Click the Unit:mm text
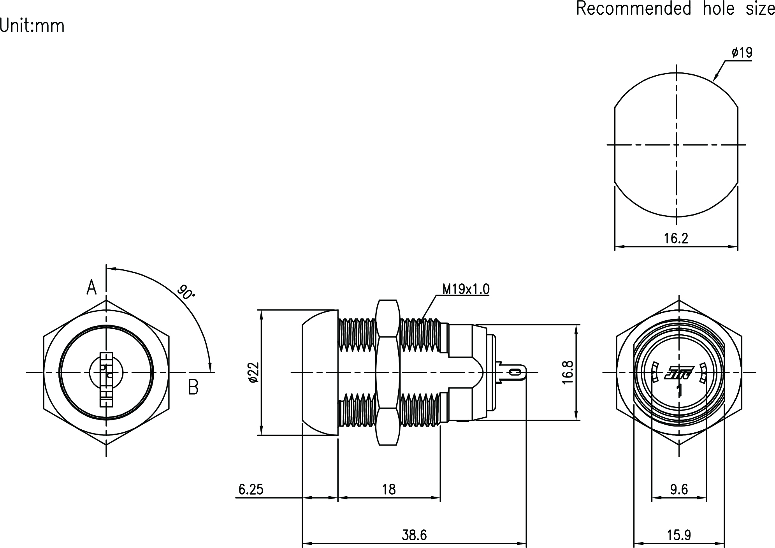pos(32,26)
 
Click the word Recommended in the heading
pos(633,9)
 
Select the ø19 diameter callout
pos(742,53)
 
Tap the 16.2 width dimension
pos(676,238)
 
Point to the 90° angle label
pos(186,292)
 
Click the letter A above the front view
pos(91,288)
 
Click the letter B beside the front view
pos(193,387)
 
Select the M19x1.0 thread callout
pos(466,289)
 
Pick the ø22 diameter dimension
pos(253,372)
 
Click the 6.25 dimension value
pos(251,489)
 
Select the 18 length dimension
pos(388,489)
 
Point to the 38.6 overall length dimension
pos(414,535)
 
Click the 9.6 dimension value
pos(679,489)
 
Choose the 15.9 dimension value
pos(679,535)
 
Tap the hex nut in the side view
pos(388,372)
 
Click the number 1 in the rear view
pos(680,390)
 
